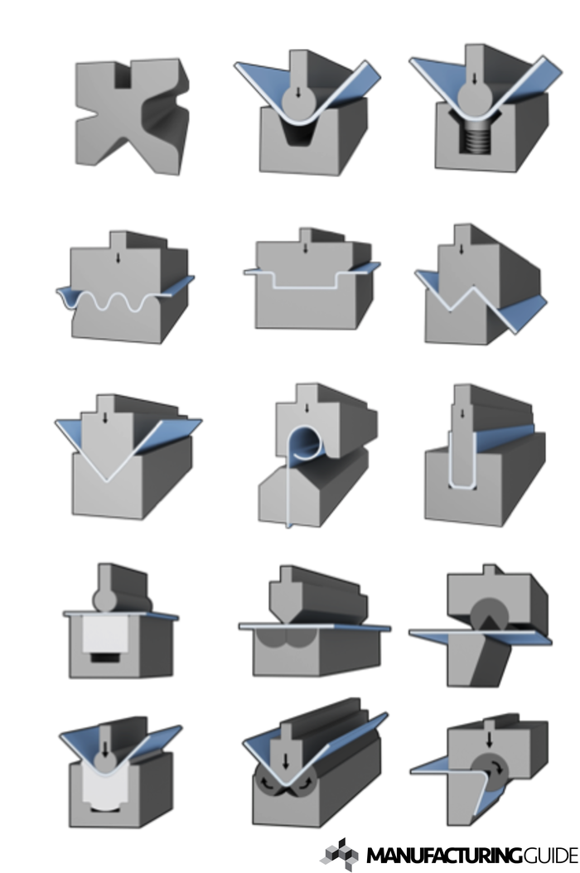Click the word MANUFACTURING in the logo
click(444, 855)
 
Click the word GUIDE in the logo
click(550, 855)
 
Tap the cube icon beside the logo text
click(340, 853)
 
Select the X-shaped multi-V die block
click(132, 115)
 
